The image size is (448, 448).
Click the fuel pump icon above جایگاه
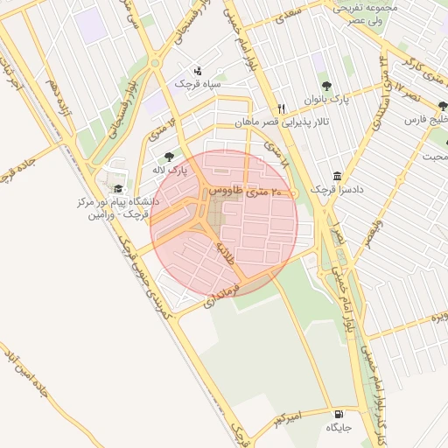tap(338, 414)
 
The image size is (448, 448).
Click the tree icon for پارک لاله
tap(169, 156)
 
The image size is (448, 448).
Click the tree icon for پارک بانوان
tap(326, 86)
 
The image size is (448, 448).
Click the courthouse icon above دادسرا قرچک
tap(338, 175)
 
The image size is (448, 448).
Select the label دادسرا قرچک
tap(337, 189)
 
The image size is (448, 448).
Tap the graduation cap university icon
tap(117, 188)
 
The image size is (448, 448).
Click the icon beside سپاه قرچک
tap(197, 70)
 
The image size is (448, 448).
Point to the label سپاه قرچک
tap(194, 83)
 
